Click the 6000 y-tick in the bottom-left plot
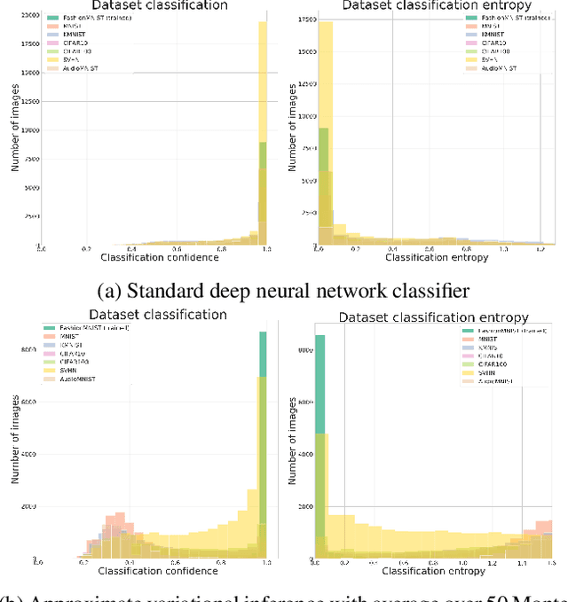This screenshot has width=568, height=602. point(26,402)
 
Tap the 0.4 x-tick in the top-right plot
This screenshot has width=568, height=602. point(391,250)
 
